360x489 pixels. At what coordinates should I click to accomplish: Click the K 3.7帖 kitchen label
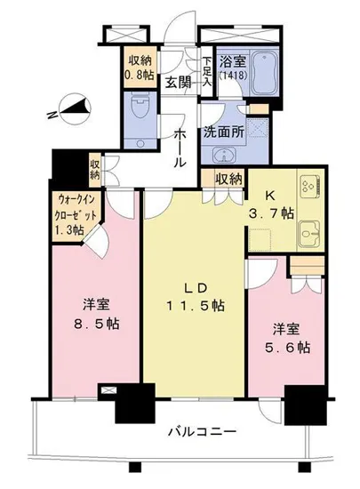pyautogui.click(x=265, y=207)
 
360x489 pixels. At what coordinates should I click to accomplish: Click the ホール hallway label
pyautogui.click(x=180, y=147)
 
